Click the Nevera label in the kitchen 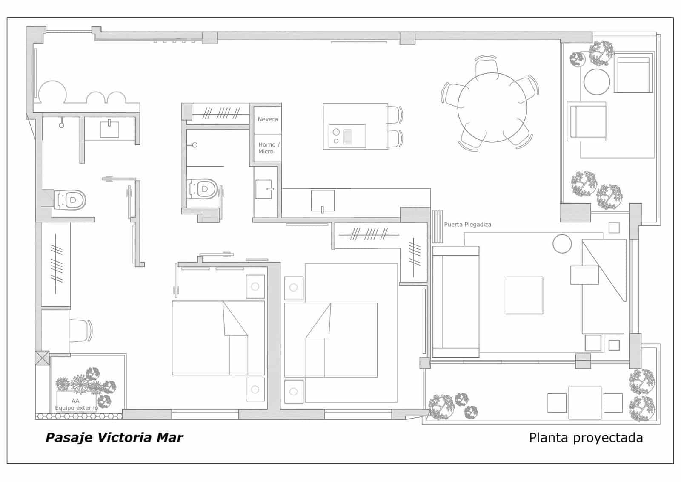click(267, 119)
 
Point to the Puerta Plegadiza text click(467, 225)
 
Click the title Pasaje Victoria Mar click(114, 438)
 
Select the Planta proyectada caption click(586, 438)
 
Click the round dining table click(492, 107)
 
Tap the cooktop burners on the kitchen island click(336, 136)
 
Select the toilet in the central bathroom click(203, 189)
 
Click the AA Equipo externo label click(76, 404)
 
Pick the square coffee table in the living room click(524, 295)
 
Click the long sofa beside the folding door click(455, 302)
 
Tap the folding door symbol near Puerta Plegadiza click(437, 226)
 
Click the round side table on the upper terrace click(597, 82)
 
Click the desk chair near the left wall click(80, 330)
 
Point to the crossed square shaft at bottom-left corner click(42, 358)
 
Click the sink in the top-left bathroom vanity click(109, 129)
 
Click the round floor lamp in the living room click(562, 244)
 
